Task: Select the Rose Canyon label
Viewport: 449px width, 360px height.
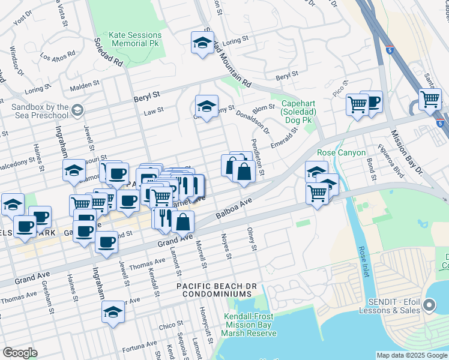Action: point(341,153)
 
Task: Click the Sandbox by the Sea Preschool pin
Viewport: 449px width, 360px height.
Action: point(77,110)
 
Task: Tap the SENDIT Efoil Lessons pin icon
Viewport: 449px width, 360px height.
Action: point(429,306)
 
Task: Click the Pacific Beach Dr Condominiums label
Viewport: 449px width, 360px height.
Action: point(214,290)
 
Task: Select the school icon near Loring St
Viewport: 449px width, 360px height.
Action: point(203,43)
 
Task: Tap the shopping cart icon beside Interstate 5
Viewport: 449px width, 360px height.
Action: point(430,99)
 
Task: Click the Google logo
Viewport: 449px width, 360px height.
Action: point(20,353)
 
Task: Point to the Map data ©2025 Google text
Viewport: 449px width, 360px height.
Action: point(411,355)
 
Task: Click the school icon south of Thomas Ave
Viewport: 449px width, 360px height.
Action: point(112,313)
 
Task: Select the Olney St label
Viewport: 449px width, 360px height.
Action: point(252,239)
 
